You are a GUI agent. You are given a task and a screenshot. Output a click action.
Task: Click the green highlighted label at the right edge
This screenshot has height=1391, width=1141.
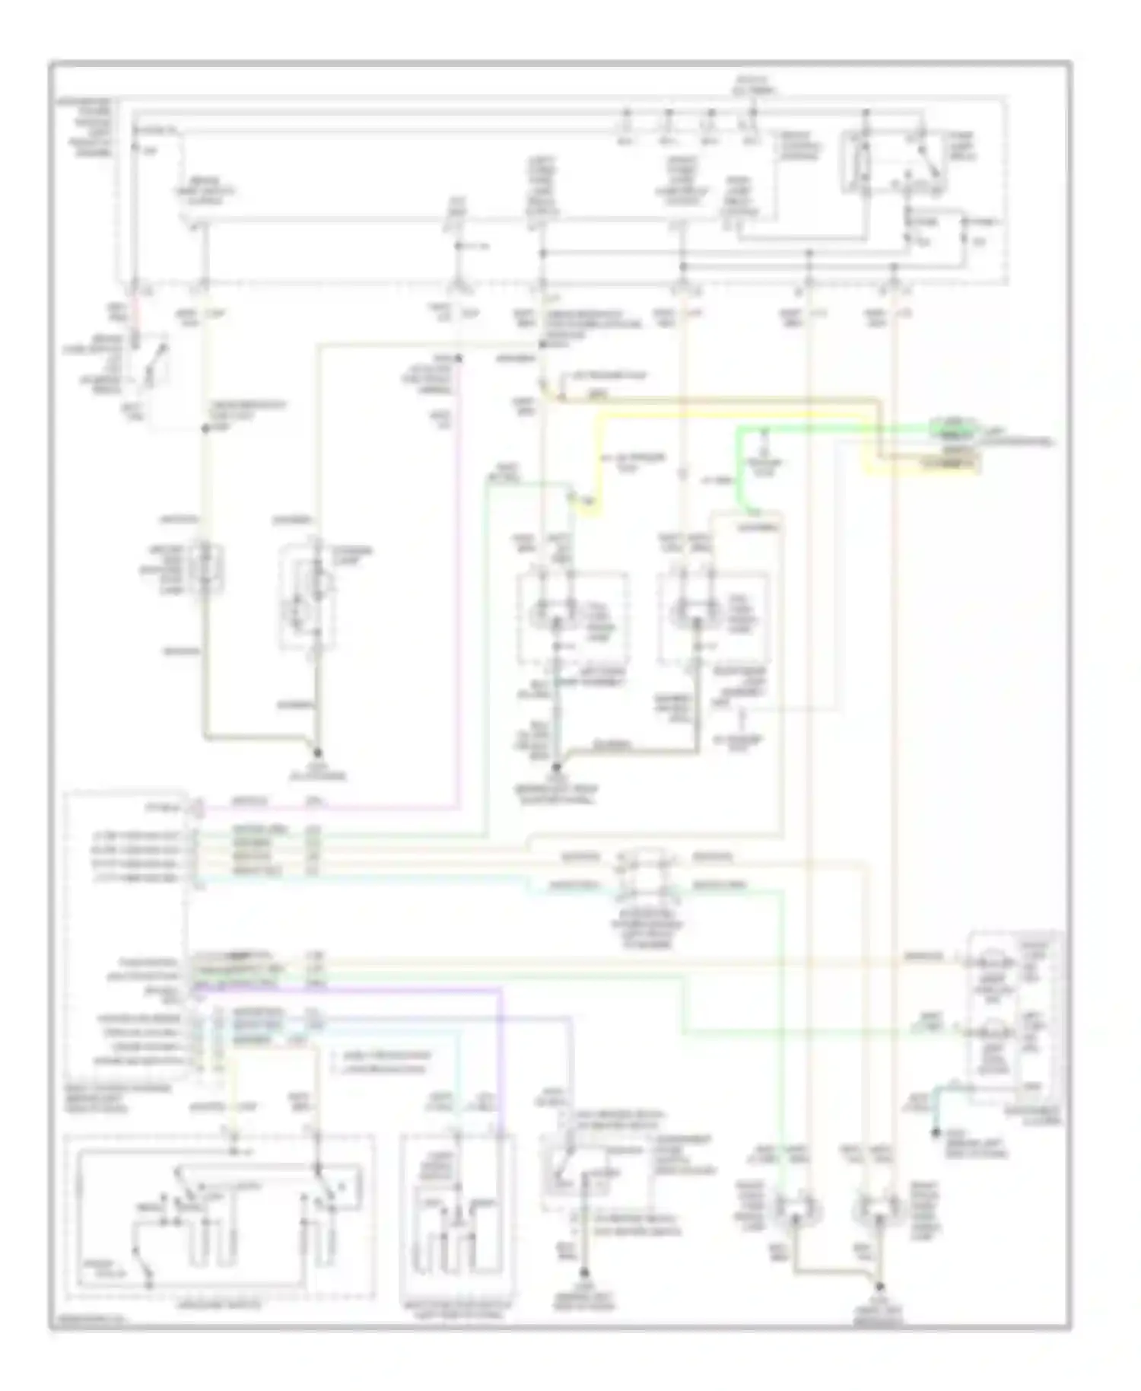[952, 428]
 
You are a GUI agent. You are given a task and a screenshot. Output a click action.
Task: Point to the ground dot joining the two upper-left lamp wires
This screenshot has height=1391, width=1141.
[316, 752]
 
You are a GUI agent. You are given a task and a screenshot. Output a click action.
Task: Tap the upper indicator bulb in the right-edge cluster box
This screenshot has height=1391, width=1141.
[997, 963]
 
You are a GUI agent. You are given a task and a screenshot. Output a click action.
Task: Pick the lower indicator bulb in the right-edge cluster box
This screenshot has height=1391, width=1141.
[997, 1033]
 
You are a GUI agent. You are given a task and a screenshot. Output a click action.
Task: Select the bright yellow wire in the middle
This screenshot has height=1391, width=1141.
[601, 457]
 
